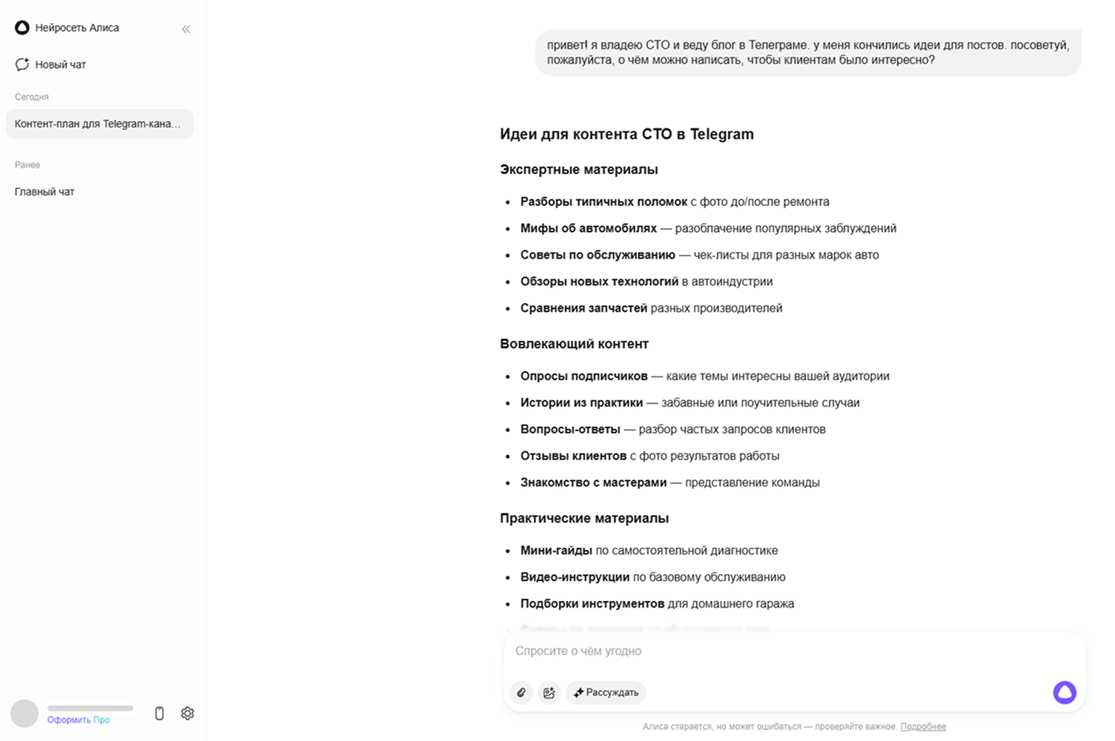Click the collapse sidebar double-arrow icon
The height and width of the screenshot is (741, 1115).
pyautogui.click(x=186, y=29)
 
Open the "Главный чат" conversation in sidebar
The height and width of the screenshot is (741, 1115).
pyautogui.click(x=44, y=192)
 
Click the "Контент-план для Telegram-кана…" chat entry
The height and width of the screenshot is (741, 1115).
pyautogui.click(x=98, y=124)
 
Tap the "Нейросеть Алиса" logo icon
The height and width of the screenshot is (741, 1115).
pyautogui.click(x=22, y=27)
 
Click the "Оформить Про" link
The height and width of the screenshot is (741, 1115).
pyautogui.click(x=79, y=720)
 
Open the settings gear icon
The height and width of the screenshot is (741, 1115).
pyautogui.click(x=188, y=713)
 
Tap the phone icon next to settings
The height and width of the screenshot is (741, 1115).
pyautogui.click(x=159, y=713)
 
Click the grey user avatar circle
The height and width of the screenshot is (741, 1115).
pyautogui.click(x=24, y=714)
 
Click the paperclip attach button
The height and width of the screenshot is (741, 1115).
pyautogui.click(x=521, y=692)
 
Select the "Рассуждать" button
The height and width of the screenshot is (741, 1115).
pyautogui.click(x=606, y=692)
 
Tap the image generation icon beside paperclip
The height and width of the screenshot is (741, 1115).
pyautogui.click(x=549, y=692)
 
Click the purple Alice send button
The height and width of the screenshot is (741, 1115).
pyautogui.click(x=1065, y=692)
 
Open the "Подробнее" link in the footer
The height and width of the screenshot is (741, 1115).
pyautogui.click(x=923, y=726)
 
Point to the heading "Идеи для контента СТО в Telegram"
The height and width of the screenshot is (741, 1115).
pyautogui.click(x=626, y=134)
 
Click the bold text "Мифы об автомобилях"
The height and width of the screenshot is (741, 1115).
pyautogui.click(x=588, y=228)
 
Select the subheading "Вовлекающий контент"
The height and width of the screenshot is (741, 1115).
pyautogui.click(x=574, y=344)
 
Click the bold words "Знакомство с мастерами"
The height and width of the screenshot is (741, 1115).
pyautogui.click(x=593, y=482)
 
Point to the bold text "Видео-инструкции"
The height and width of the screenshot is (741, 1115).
pyautogui.click(x=575, y=577)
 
